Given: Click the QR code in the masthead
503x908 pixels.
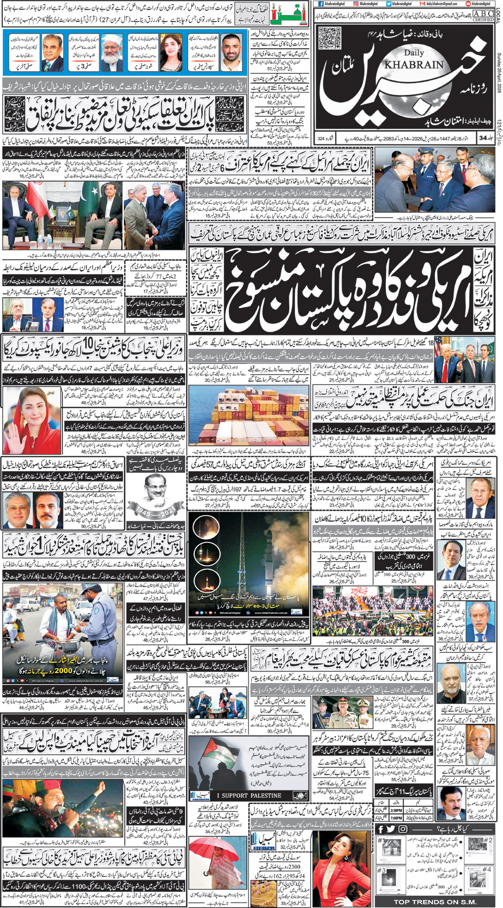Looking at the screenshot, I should click(329, 39).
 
